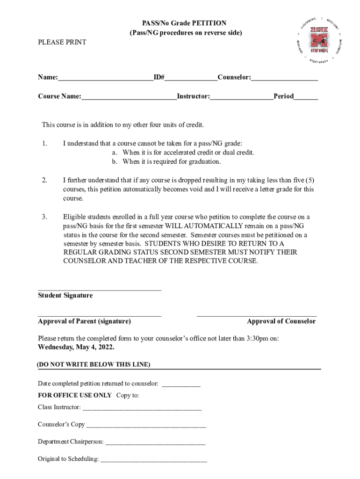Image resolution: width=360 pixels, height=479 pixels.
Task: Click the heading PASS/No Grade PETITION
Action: pyautogui.click(x=184, y=23)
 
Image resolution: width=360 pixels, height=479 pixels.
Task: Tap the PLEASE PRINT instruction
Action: pyautogui.click(x=62, y=43)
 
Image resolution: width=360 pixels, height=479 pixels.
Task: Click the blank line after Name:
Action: pyautogui.click(x=106, y=79)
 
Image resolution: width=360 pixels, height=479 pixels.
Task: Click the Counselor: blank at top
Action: pyautogui.click(x=284, y=79)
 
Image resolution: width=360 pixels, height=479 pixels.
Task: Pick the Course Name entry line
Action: pyautogui.click(x=129, y=98)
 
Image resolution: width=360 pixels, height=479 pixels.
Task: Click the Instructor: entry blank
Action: pyautogui.click(x=241, y=98)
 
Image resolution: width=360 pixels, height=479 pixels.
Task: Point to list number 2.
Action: pyautogui.click(x=44, y=180)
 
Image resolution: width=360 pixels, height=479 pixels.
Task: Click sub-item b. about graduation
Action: pyautogui.click(x=166, y=162)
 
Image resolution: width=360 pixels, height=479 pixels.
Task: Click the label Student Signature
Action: pyautogui.click(x=65, y=296)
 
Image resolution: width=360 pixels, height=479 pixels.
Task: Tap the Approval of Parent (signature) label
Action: pyautogui.click(x=84, y=321)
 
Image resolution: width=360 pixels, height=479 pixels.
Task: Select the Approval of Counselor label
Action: pyautogui.click(x=281, y=321)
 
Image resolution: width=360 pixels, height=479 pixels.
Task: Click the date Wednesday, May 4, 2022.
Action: pyautogui.click(x=76, y=348)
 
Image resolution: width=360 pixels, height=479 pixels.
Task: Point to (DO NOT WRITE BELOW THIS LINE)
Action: pyautogui.click(x=94, y=364)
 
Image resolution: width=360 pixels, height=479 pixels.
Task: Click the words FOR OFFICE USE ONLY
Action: pyautogui.click(x=75, y=395)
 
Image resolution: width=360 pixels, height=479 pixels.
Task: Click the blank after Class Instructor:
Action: pyautogui.click(x=142, y=409)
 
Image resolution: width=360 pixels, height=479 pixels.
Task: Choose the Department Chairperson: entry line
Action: pyautogui.click(x=155, y=443)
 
